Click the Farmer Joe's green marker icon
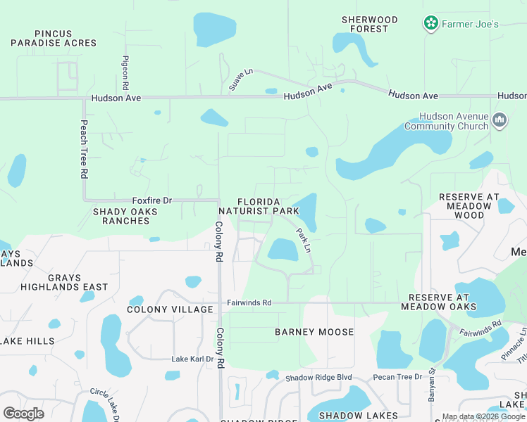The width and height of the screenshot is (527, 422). pos(430,24)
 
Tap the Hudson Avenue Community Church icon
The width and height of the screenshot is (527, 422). pos(500,121)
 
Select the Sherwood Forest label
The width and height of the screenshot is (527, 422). pos(369,24)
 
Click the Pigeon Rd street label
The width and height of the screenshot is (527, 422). pos(125,72)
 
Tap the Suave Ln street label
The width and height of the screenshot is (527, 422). pos(240,79)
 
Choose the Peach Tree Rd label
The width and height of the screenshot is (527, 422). pos(83,148)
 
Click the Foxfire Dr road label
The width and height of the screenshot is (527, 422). pos(152,200)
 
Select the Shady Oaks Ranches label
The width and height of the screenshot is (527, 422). pos(121,216)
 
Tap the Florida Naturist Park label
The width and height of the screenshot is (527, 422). pos(259,206)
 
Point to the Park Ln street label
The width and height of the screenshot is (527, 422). pos(303,240)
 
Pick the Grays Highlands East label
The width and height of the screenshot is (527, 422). pos(64,282)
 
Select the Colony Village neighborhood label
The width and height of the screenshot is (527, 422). pos(170,309)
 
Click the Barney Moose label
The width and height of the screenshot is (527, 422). pos(314,331)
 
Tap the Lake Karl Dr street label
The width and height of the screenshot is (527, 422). pos(192,359)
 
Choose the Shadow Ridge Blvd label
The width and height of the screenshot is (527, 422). pos(318,378)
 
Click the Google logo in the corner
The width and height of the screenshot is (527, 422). pos(23,413)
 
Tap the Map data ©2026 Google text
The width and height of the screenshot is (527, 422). pos(482,416)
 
